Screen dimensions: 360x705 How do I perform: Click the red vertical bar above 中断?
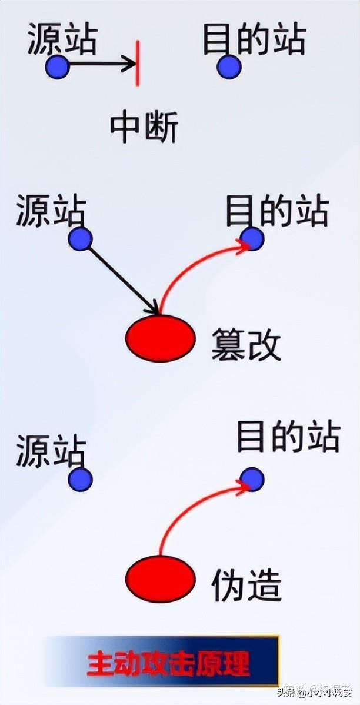(138, 63)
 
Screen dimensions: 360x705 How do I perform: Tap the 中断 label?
(144, 128)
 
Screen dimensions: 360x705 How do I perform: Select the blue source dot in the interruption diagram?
(58, 67)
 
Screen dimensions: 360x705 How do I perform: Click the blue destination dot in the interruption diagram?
(229, 66)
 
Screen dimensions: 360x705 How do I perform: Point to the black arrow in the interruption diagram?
(100, 64)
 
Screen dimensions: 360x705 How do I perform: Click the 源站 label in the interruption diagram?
(62, 40)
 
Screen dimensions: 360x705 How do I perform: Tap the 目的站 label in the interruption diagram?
(254, 40)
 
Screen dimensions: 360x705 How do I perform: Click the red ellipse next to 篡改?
(161, 338)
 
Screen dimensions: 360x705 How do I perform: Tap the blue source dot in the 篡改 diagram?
(80, 239)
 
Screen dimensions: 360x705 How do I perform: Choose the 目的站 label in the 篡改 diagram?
(277, 212)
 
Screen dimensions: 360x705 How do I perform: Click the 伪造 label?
(246, 585)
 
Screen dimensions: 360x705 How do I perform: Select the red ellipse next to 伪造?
(161, 578)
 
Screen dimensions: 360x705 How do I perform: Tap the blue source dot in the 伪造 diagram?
(80, 479)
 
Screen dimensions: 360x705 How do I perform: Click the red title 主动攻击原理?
(169, 663)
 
